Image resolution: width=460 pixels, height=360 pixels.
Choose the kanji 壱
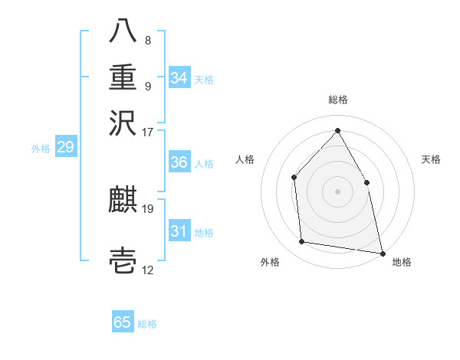tap(123, 260)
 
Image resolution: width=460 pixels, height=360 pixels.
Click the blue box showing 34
tap(179, 78)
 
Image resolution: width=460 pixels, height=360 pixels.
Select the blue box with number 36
tap(179, 162)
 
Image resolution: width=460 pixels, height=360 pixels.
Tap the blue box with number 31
tap(179, 231)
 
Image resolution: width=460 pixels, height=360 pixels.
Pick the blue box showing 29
tap(65, 147)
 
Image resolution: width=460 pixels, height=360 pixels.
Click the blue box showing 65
tap(123, 322)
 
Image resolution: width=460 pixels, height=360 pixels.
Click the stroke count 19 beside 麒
tap(148, 208)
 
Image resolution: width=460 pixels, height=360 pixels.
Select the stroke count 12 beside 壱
tap(148, 270)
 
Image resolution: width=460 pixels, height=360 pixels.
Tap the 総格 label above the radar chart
tap(337, 100)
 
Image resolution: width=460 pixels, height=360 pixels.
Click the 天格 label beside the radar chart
tap(431, 159)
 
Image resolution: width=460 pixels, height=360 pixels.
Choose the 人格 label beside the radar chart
tap(245, 159)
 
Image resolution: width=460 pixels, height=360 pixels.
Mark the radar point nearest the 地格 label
tap(382, 253)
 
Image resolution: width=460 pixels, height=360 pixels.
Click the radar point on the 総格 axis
tap(337, 130)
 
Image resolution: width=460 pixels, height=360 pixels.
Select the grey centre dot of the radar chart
tap(337, 191)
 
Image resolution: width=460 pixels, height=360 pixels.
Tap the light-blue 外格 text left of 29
tap(41, 149)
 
